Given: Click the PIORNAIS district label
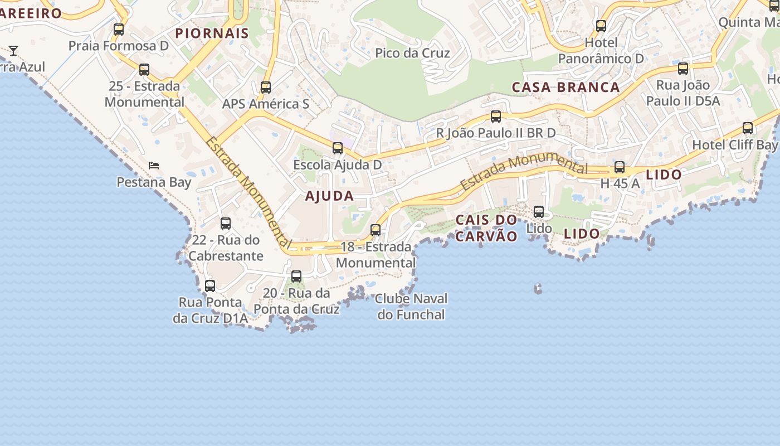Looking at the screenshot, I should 212,33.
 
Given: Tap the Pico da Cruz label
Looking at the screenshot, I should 412,53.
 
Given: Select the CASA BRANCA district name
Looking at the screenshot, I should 565,87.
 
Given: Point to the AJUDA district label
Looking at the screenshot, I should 329,196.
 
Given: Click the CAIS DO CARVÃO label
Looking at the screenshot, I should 486,228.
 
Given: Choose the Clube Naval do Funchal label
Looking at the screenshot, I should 411,307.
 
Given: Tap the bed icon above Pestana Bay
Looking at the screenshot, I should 154,166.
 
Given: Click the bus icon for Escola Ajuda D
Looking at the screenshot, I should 338,148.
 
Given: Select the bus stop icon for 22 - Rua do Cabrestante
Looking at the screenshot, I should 226,224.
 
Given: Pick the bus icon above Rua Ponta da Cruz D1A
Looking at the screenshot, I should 210,286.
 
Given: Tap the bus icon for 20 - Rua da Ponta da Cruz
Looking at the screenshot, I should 296,277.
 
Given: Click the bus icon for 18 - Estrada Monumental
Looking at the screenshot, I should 376,230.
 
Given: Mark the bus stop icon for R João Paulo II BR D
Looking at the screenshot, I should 496,117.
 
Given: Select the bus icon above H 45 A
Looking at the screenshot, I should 620,167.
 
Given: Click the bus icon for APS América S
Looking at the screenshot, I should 266,88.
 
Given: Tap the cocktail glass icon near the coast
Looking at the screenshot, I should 13,51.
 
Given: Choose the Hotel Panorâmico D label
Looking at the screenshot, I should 601,51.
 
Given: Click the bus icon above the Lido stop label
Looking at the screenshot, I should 539,212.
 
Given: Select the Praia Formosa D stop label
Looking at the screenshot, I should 118,46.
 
